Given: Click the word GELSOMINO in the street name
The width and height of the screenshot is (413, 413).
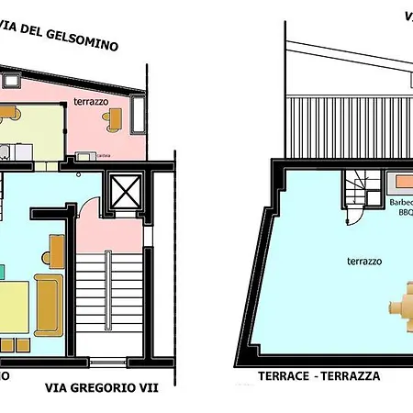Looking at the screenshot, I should [87, 45].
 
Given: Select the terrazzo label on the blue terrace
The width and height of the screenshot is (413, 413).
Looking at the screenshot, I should [339, 262].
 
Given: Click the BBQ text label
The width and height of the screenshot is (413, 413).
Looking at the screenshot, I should [406, 212].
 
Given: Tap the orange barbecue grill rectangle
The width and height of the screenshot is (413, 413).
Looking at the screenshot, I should [401, 183].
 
